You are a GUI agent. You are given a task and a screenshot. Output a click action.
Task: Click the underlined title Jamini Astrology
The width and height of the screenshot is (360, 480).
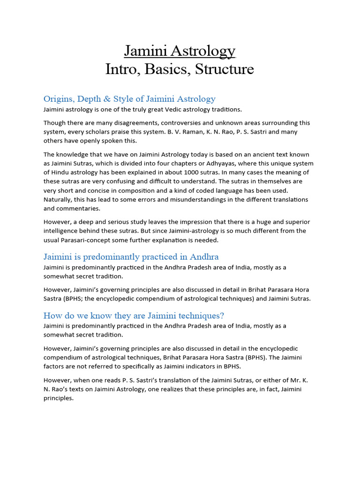tap(180, 51)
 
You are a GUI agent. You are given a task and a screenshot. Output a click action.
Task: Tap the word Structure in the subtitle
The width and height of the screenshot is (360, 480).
tap(224, 69)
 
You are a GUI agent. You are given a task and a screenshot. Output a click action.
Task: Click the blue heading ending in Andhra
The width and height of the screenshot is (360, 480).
tap(131, 257)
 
